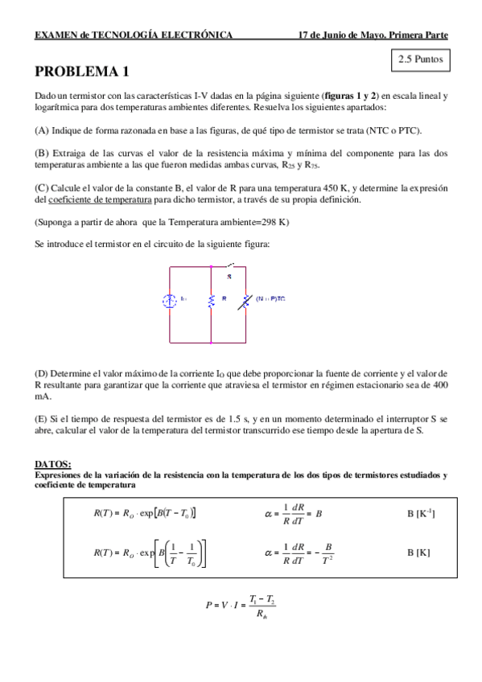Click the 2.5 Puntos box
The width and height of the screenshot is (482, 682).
(419, 59)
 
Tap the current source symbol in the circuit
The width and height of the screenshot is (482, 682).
(170, 301)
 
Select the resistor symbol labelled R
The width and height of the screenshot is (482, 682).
(211, 300)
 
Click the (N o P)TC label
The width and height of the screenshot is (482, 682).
(271, 298)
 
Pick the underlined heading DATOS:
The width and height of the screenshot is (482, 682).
(53, 464)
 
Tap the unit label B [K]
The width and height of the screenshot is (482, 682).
(418, 553)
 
